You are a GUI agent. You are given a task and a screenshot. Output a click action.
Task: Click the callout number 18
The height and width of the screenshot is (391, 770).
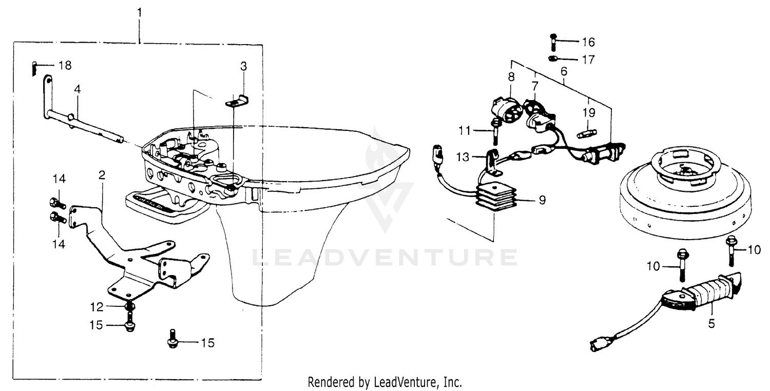click(x=65, y=65)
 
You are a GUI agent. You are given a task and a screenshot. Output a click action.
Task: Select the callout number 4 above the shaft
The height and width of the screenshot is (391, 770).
click(x=78, y=89)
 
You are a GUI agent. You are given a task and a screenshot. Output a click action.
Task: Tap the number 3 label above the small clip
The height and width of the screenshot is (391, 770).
click(x=244, y=66)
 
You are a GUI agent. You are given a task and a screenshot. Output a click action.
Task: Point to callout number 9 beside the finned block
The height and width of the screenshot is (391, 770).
click(x=542, y=200)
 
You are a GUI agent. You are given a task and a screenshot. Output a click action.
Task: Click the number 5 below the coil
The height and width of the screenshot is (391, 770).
click(x=711, y=323)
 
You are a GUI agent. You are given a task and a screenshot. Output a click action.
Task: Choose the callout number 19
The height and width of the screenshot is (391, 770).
click(x=589, y=112)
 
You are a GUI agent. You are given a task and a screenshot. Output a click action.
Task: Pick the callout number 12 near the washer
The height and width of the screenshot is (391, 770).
click(x=97, y=307)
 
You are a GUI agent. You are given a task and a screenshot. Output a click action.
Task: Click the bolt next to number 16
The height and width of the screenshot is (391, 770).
click(x=553, y=42)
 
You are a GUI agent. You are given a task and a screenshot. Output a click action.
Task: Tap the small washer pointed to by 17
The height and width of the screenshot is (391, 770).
click(x=552, y=58)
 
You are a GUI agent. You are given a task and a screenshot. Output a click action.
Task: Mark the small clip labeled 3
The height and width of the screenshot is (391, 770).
click(x=237, y=101)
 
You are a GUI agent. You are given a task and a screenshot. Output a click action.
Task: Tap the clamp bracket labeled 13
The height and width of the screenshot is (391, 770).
click(x=492, y=163)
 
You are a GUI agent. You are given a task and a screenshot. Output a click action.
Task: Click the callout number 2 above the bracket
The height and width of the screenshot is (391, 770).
click(x=102, y=175)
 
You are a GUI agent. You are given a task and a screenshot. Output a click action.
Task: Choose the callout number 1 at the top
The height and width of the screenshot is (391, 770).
click(x=139, y=13)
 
